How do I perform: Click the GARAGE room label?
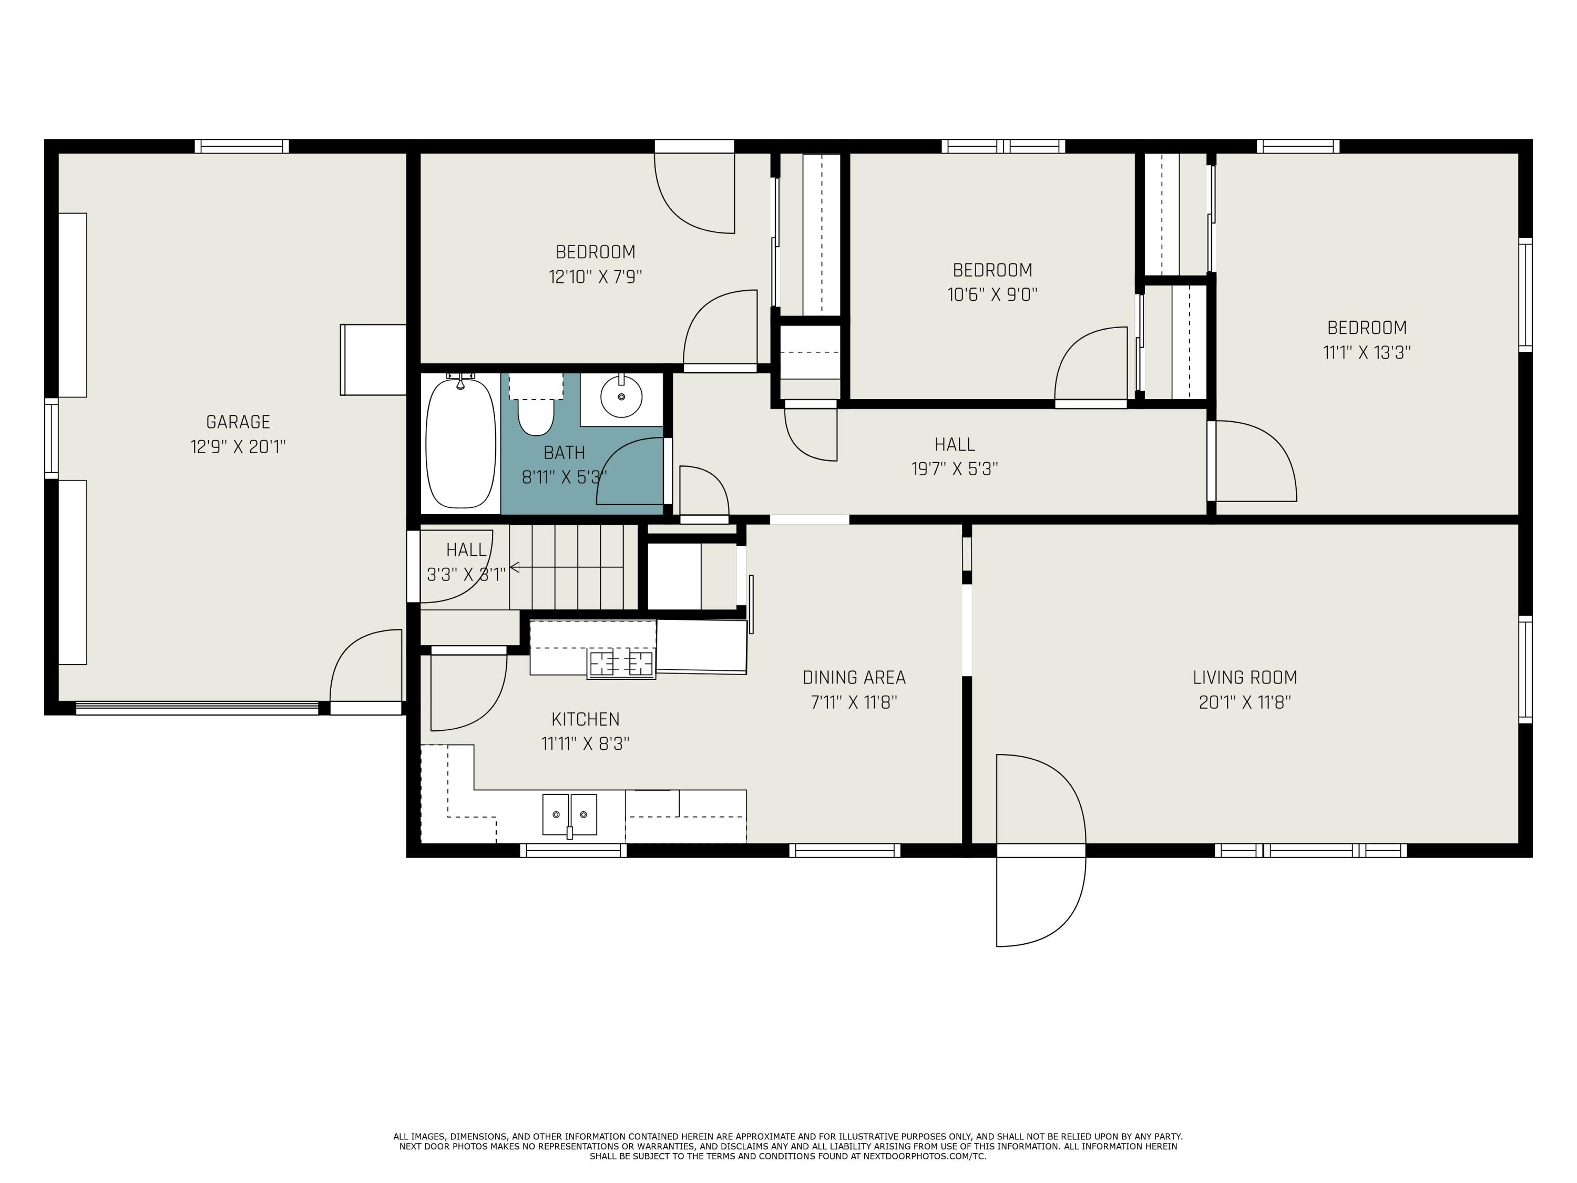238,422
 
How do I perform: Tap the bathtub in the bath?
460,444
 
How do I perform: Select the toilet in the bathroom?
536,416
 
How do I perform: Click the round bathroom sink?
621,397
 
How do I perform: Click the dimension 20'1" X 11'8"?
1245,702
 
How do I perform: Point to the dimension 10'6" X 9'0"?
992,294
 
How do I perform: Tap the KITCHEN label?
585,719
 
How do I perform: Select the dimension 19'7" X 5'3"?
954,469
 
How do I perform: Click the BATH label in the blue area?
564,453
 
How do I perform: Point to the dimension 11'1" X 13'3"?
1367,352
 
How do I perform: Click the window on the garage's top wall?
242,146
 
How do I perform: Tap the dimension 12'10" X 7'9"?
595,277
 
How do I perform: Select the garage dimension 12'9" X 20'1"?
238,447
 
